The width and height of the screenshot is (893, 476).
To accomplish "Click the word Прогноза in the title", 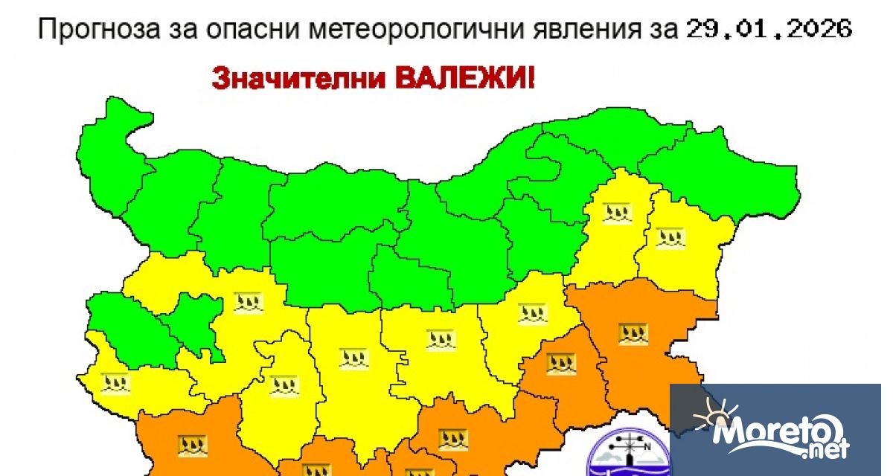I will pos(83,30).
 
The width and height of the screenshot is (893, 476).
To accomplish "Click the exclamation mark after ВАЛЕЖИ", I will pos(530,79).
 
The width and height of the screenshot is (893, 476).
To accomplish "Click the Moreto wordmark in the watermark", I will pos(778,431).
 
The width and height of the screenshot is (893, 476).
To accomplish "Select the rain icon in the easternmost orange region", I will pos(633,332).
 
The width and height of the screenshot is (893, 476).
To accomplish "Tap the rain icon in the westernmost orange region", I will pos(192,446).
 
